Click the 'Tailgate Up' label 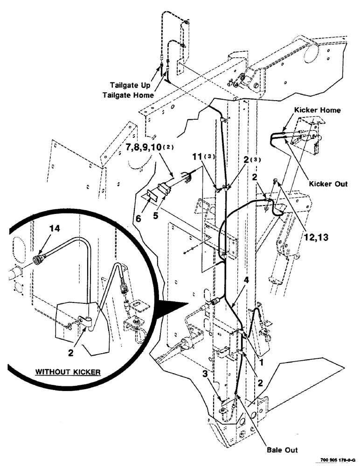coord(131,85)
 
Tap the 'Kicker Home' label coord(317,110)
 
